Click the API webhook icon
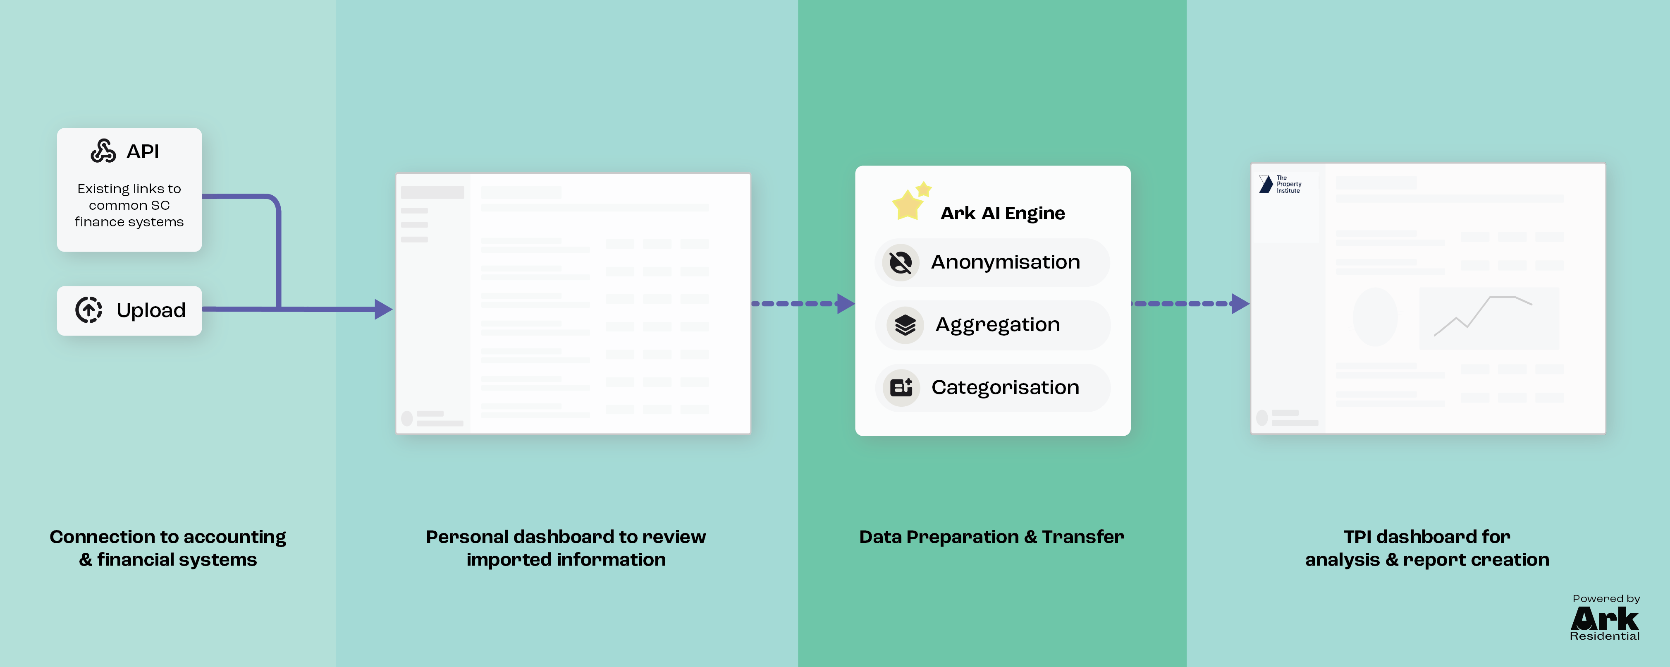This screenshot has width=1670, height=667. tap(103, 151)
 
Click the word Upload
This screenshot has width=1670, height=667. tap(151, 310)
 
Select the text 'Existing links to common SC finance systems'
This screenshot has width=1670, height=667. tap(129, 205)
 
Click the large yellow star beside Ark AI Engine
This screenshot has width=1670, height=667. tap(907, 206)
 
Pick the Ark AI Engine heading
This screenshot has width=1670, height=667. tap(1002, 214)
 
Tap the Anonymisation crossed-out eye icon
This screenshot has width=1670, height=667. tap(901, 262)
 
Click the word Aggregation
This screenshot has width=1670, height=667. tap(997, 324)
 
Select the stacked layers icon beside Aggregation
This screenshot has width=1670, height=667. tap(905, 324)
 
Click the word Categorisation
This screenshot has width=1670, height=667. tap(1005, 387)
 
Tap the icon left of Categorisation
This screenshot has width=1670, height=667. tap(901, 387)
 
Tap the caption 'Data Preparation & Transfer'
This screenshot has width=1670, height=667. tap(991, 537)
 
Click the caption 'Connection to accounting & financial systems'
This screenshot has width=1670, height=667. tap(168, 548)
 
